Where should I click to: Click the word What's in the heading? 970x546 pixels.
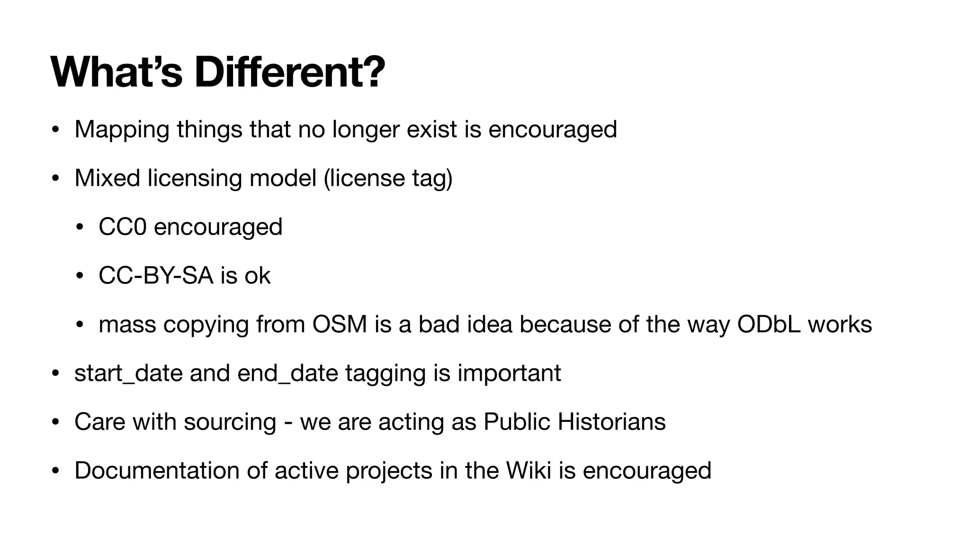[116, 73]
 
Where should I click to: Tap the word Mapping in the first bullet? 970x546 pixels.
[122, 129]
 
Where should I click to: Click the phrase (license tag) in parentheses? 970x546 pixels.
[388, 178]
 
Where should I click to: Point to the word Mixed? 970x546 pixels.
[107, 178]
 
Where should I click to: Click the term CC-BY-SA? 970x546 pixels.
[156, 275]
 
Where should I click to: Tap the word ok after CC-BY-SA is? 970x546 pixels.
[257, 275]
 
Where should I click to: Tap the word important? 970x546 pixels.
[509, 373]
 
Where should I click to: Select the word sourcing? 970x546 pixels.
[230, 422]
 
